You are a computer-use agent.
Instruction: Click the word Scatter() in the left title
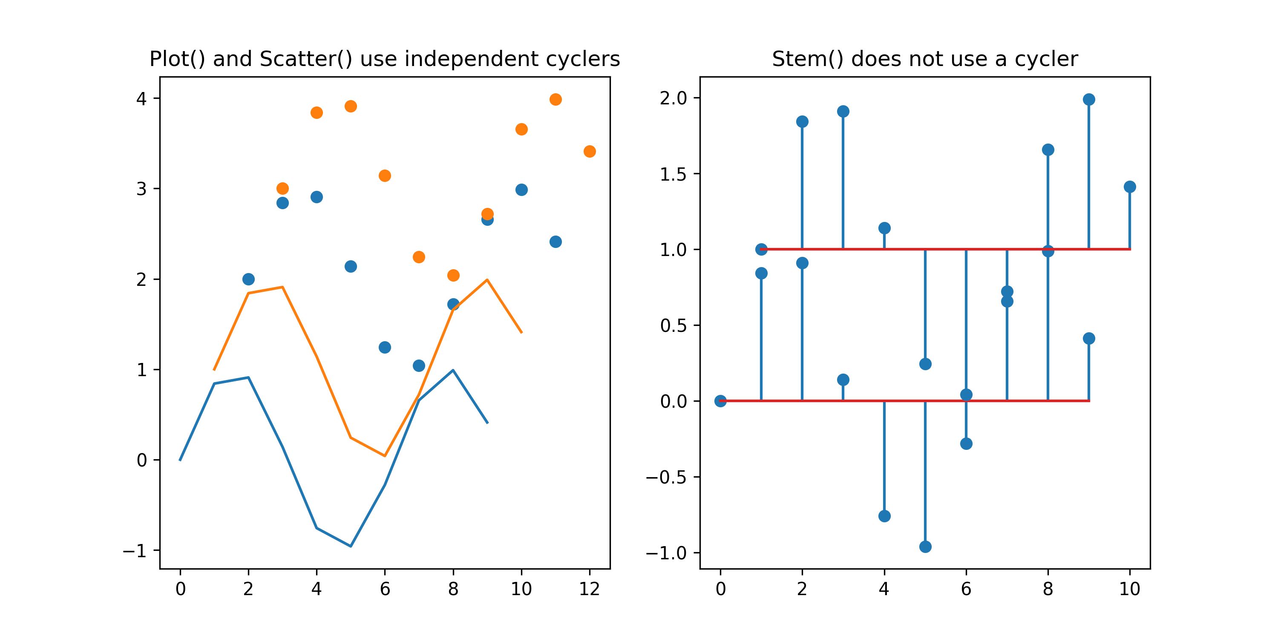click(305, 59)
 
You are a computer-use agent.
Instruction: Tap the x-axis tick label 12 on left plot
click(590, 589)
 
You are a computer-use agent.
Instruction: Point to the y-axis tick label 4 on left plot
click(141, 99)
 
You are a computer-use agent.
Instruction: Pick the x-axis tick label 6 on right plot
click(966, 589)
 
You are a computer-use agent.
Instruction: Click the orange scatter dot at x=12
click(590, 151)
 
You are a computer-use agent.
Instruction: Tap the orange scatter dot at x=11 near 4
click(556, 100)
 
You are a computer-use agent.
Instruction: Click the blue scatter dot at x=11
click(556, 242)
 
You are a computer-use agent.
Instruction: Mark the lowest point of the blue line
click(351, 546)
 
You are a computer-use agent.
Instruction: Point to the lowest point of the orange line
click(385, 455)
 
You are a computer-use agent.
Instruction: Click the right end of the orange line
click(521, 332)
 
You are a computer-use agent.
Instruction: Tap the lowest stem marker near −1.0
click(925, 547)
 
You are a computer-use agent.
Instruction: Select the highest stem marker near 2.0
click(1089, 100)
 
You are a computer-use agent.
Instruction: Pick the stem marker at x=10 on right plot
click(1130, 187)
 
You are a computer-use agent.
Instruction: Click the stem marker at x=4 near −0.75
click(884, 516)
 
